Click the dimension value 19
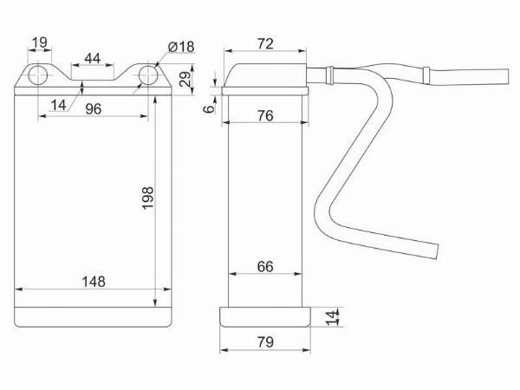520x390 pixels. tap(40, 42)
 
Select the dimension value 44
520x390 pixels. tap(92, 58)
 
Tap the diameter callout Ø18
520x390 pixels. tap(181, 47)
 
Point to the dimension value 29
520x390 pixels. tap(185, 79)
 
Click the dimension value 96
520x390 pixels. tap(94, 109)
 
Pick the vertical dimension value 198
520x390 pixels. tap(148, 198)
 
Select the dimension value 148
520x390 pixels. tap(94, 282)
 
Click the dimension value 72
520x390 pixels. tap(265, 44)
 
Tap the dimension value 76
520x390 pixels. tap(265, 116)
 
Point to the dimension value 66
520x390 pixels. tap(265, 267)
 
